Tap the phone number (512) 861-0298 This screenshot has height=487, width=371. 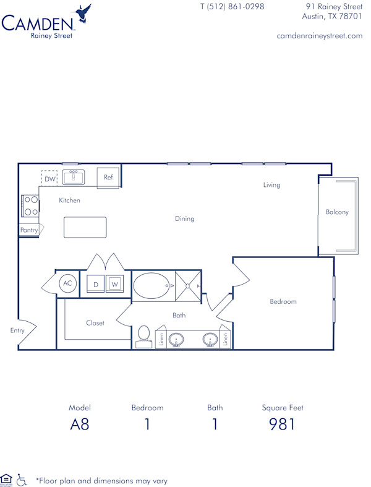[232, 7]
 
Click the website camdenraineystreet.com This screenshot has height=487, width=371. [319, 36]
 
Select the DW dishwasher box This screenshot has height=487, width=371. [49, 179]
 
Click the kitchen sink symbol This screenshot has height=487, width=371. [73, 178]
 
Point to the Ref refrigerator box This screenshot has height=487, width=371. [108, 178]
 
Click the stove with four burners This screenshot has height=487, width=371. [30, 205]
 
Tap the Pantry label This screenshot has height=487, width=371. [29, 230]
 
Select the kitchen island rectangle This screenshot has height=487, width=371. [85, 227]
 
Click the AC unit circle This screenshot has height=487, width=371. [68, 284]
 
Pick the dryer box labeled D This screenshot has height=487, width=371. [96, 285]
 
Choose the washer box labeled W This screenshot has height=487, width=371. [114, 285]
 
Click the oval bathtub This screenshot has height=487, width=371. [152, 286]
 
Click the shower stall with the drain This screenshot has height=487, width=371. [188, 286]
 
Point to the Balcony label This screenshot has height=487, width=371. [337, 212]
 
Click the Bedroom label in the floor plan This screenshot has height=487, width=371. [283, 302]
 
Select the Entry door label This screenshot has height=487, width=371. [17, 330]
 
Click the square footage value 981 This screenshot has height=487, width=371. [283, 425]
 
